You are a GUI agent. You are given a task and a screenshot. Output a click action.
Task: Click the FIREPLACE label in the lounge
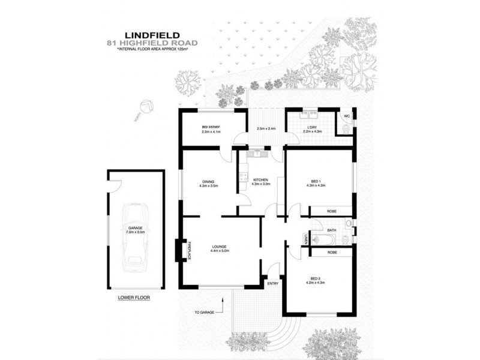click(x=188, y=250)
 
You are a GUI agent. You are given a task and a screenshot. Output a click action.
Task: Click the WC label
click(x=346, y=116)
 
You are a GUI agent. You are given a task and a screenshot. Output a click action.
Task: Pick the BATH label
click(x=332, y=230)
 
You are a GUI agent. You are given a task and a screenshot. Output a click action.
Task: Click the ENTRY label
click(x=273, y=284)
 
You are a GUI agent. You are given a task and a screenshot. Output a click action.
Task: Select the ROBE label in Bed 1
click(x=332, y=211)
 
